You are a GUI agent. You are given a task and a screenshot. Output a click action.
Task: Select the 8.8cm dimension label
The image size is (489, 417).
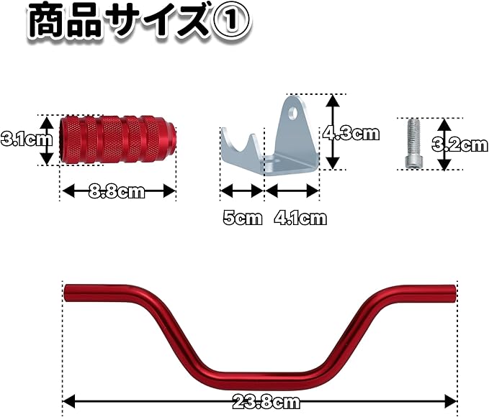[117, 191]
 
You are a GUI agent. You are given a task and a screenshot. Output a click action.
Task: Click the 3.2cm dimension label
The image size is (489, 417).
[462, 145]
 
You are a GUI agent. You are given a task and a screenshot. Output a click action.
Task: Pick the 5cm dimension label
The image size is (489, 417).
[241, 219]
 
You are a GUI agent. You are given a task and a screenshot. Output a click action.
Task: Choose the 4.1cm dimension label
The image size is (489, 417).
[300, 219]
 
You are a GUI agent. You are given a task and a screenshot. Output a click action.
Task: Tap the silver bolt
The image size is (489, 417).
[412, 143]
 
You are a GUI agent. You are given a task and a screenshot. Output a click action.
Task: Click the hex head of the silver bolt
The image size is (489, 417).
[412, 160]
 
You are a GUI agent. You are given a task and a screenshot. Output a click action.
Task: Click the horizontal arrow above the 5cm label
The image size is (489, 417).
[241, 191]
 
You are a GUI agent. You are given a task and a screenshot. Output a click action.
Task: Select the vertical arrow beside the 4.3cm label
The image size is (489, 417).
[333, 133]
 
